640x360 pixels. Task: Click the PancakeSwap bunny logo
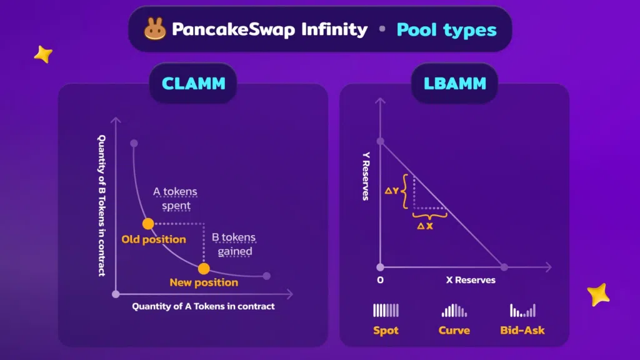point(155,29)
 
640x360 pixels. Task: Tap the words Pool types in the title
point(446,30)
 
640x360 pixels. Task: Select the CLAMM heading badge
point(194,84)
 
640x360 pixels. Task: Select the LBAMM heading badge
point(455,84)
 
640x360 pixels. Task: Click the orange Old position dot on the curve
point(148,224)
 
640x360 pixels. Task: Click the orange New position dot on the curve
point(204,269)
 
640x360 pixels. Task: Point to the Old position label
point(154,239)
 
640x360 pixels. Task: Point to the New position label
point(204,282)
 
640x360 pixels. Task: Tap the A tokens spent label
point(176,198)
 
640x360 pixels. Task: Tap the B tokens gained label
point(234,244)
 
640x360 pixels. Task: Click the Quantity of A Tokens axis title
point(203,306)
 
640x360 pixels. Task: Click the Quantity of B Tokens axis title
point(102,206)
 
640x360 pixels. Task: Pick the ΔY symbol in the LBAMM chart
point(391,191)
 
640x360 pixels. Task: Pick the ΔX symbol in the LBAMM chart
point(425,226)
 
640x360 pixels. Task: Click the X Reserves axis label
point(471,280)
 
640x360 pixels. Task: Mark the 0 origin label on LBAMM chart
point(380,280)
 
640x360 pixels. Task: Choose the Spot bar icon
point(386,310)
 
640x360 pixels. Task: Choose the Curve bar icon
point(454,310)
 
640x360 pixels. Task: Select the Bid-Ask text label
point(522,330)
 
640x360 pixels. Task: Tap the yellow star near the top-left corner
point(43,54)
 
